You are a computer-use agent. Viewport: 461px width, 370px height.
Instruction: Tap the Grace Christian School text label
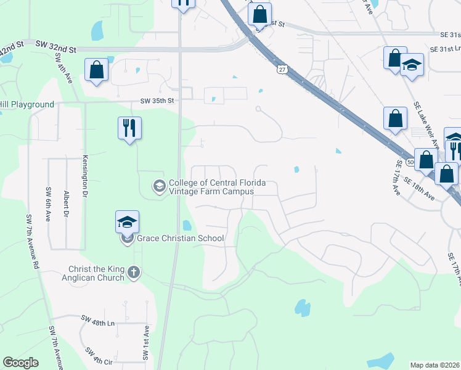180,238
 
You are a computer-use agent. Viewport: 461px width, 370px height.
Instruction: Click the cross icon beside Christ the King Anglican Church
134,271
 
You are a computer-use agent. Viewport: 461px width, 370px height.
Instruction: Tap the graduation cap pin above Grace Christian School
128,221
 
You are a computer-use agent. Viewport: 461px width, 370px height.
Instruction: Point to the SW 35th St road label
158,100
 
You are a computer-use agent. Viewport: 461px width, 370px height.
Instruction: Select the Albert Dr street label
65,203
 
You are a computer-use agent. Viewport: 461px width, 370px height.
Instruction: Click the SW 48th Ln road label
98,320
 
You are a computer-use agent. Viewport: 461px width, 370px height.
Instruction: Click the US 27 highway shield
282,69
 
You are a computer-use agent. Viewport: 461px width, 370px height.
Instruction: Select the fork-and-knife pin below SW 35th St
129,128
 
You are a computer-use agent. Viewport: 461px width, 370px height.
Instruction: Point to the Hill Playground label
27,104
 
